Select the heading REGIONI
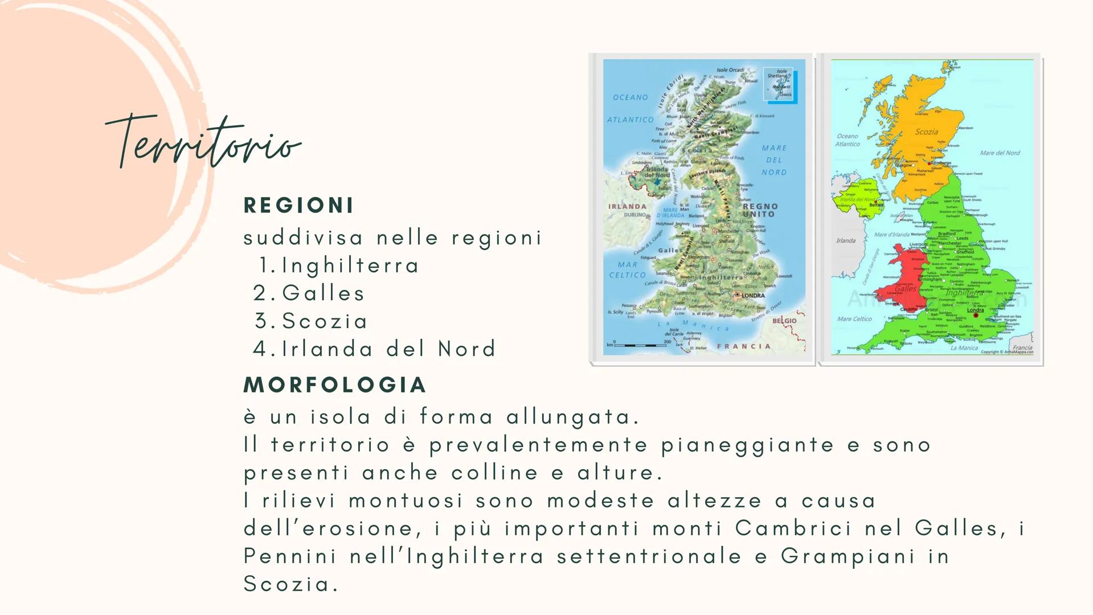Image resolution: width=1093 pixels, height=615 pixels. click(x=298, y=206)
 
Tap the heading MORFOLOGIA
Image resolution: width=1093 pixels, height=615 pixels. click(x=335, y=385)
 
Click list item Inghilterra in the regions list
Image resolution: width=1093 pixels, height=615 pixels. click(x=350, y=265)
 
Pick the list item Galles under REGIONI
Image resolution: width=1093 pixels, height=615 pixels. click(x=324, y=293)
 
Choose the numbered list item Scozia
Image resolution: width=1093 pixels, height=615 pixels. click(x=325, y=321)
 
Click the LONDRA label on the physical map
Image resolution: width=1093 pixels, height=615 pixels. click(x=752, y=296)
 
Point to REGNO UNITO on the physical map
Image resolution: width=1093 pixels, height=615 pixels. click(x=760, y=210)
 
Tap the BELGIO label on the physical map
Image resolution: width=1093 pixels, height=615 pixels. click(x=784, y=321)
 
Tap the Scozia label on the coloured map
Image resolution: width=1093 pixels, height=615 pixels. click(x=926, y=132)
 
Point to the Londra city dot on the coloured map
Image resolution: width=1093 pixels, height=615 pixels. click(x=976, y=315)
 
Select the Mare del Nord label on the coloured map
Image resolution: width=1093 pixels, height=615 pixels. click(x=1000, y=153)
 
